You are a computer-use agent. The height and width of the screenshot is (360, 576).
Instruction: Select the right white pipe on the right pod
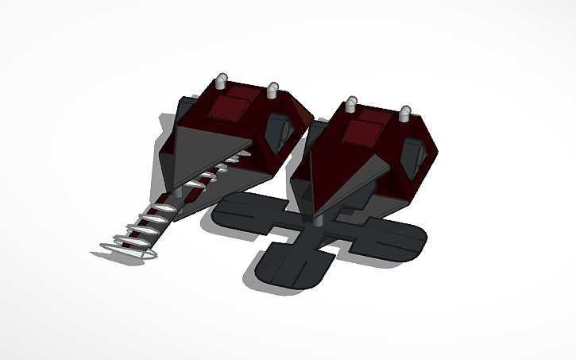coord(405,114)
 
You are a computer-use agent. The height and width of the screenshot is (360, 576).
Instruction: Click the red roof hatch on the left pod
coord(235,105)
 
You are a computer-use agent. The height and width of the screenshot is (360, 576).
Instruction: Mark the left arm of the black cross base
coord(238,211)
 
